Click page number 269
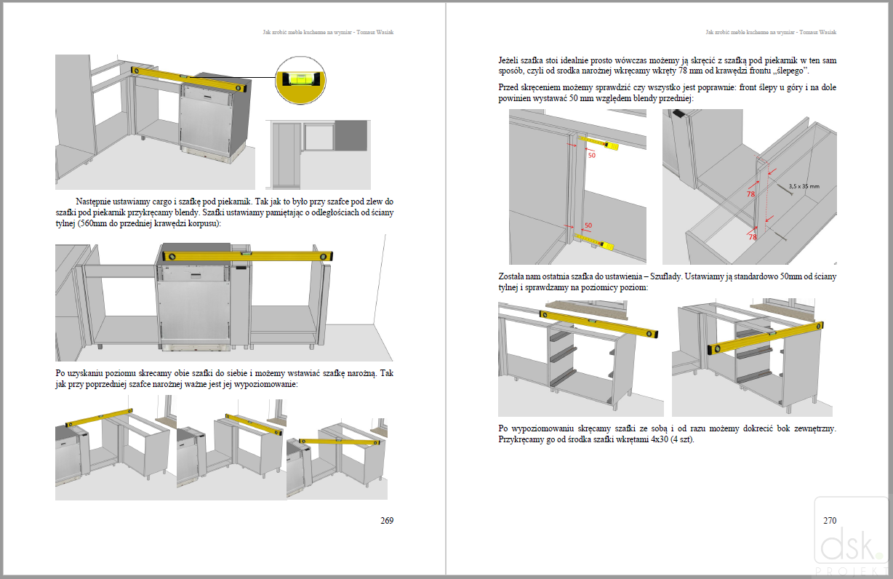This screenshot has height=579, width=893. pyautogui.click(x=387, y=520)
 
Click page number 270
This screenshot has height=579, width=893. pyautogui.click(x=830, y=520)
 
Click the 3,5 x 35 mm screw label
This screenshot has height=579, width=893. pyautogui.click(x=804, y=187)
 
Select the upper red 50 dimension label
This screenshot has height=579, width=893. pyautogui.click(x=591, y=155)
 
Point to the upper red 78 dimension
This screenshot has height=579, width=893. pyautogui.click(x=750, y=194)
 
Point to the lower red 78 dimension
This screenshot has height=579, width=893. pyautogui.click(x=753, y=237)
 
